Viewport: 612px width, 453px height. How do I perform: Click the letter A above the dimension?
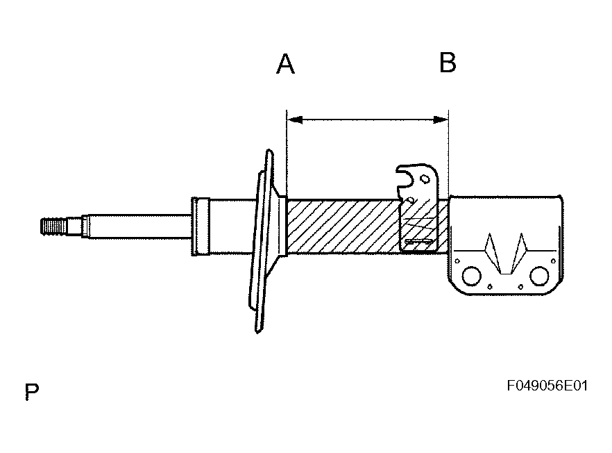pyautogui.click(x=285, y=64)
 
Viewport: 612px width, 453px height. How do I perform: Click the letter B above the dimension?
pyautogui.click(x=448, y=63)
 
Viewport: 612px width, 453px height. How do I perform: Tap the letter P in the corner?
pyautogui.click(x=32, y=392)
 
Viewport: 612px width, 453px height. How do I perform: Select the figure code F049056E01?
pyautogui.click(x=547, y=386)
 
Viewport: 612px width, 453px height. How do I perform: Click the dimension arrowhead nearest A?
pyautogui.click(x=295, y=120)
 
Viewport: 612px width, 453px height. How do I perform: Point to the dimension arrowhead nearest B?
pyautogui.click(x=441, y=120)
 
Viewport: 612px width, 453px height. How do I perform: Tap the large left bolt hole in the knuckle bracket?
pyautogui.click(x=472, y=276)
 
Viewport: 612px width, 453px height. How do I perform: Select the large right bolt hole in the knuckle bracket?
pyautogui.click(x=539, y=276)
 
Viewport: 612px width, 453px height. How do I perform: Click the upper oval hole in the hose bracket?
pyautogui.click(x=424, y=179)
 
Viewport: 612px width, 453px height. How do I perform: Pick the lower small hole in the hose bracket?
pyautogui.click(x=410, y=200)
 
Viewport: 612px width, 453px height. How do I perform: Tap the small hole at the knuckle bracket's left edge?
pyautogui.click(x=457, y=261)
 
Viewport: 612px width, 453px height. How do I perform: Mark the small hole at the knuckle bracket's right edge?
pyautogui.click(x=553, y=261)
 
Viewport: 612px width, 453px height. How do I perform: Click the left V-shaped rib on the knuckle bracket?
pyautogui.click(x=493, y=254)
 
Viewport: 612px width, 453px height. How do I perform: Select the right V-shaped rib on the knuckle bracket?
pyautogui.click(x=519, y=254)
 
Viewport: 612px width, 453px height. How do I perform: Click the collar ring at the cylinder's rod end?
pyautogui.click(x=201, y=226)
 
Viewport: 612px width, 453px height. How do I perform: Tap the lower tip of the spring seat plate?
pyautogui.click(x=257, y=331)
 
